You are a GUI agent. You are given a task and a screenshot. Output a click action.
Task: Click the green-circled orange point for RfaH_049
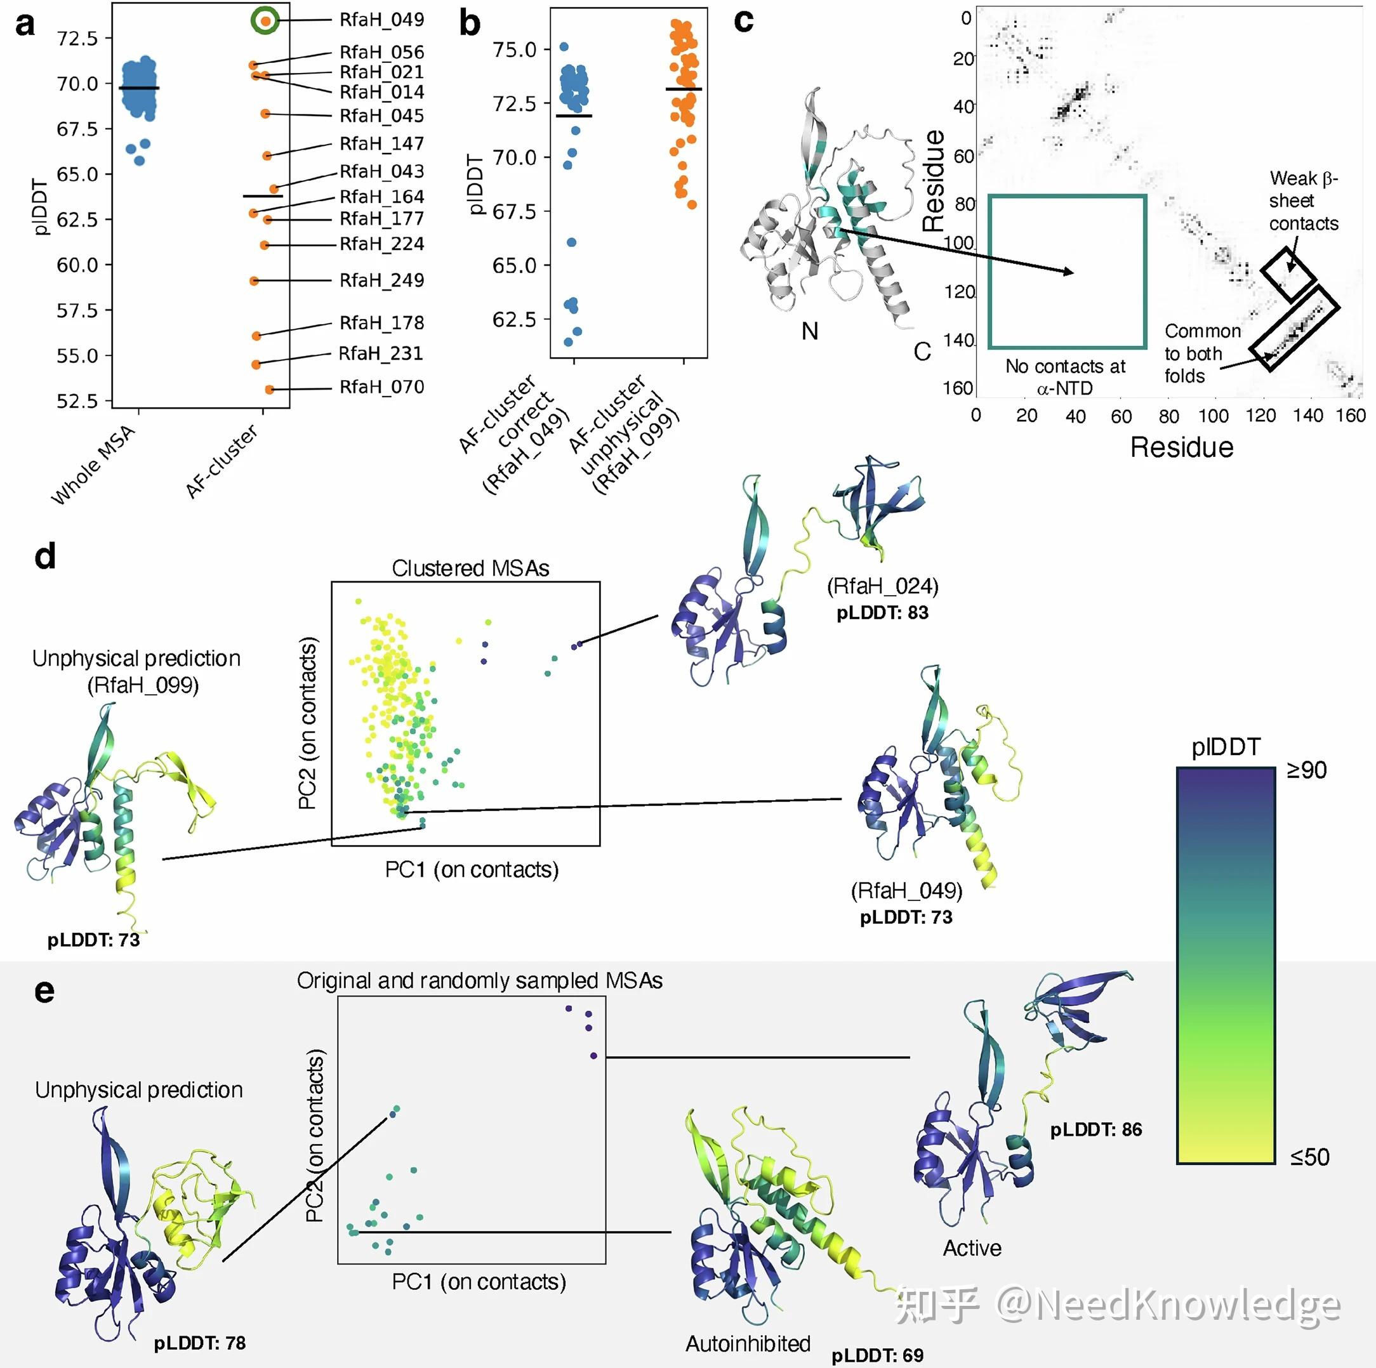[x=265, y=21]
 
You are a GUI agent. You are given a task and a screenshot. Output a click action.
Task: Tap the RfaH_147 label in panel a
[x=381, y=144]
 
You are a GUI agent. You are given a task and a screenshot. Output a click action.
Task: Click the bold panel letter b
[x=469, y=23]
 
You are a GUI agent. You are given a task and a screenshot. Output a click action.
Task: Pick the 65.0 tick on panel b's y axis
[x=514, y=266]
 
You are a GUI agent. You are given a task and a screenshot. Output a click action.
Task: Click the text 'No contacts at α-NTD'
[x=1065, y=377]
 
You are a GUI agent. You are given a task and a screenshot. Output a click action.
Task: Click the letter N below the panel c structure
[x=809, y=331]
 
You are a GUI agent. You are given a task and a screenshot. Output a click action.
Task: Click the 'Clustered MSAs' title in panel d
[x=470, y=569]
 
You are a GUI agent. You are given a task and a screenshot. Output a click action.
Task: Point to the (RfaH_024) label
[x=882, y=586]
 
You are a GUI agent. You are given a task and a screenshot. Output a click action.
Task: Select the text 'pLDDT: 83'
[x=882, y=612]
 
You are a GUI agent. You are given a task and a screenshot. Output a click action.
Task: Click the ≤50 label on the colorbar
[x=1309, y=1157]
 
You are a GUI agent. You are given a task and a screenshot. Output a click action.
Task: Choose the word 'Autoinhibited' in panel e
[x=747, y=1343]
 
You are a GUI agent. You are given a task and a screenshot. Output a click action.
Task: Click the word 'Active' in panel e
[x=972, y=1247]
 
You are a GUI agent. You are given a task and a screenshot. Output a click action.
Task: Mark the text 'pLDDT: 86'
[x=1095, y=1129]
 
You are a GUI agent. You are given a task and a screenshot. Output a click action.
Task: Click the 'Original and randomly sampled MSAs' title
[x=479, y=980]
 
